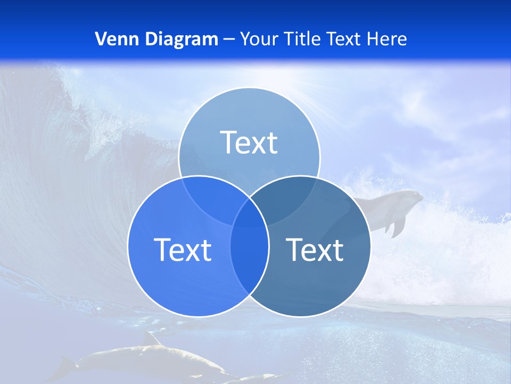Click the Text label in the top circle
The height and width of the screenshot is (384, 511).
tap(249, 142)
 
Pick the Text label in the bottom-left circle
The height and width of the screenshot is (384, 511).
tap(183, 249)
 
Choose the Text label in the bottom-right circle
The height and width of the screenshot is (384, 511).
tap(315, 249)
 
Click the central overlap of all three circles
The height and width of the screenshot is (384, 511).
tap(249, 213)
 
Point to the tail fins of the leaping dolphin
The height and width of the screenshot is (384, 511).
tap(394, 227)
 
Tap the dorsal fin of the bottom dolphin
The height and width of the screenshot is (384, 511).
tap(151, 339)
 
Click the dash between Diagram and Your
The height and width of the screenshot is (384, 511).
tap(229, 39)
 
